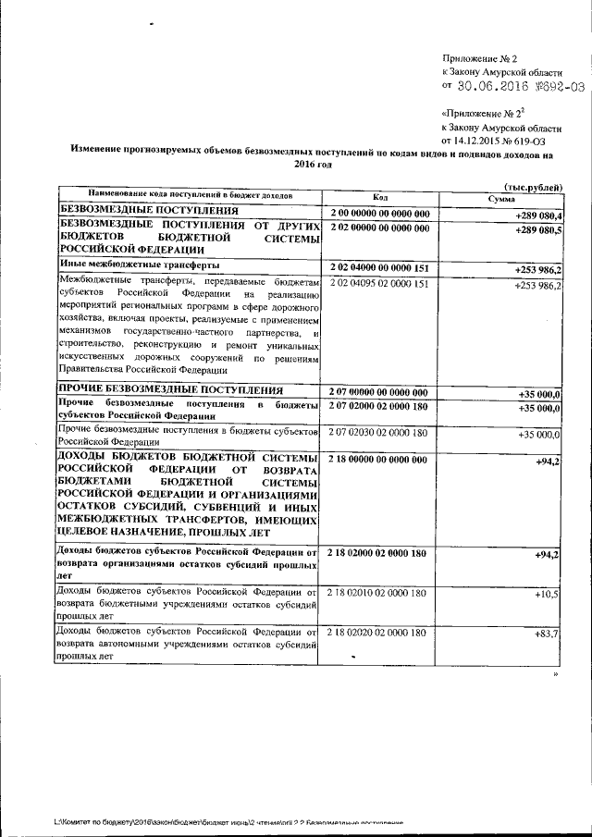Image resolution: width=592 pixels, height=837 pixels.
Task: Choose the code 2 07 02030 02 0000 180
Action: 378,432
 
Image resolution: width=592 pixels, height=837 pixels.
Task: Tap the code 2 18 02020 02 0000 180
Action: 378,633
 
